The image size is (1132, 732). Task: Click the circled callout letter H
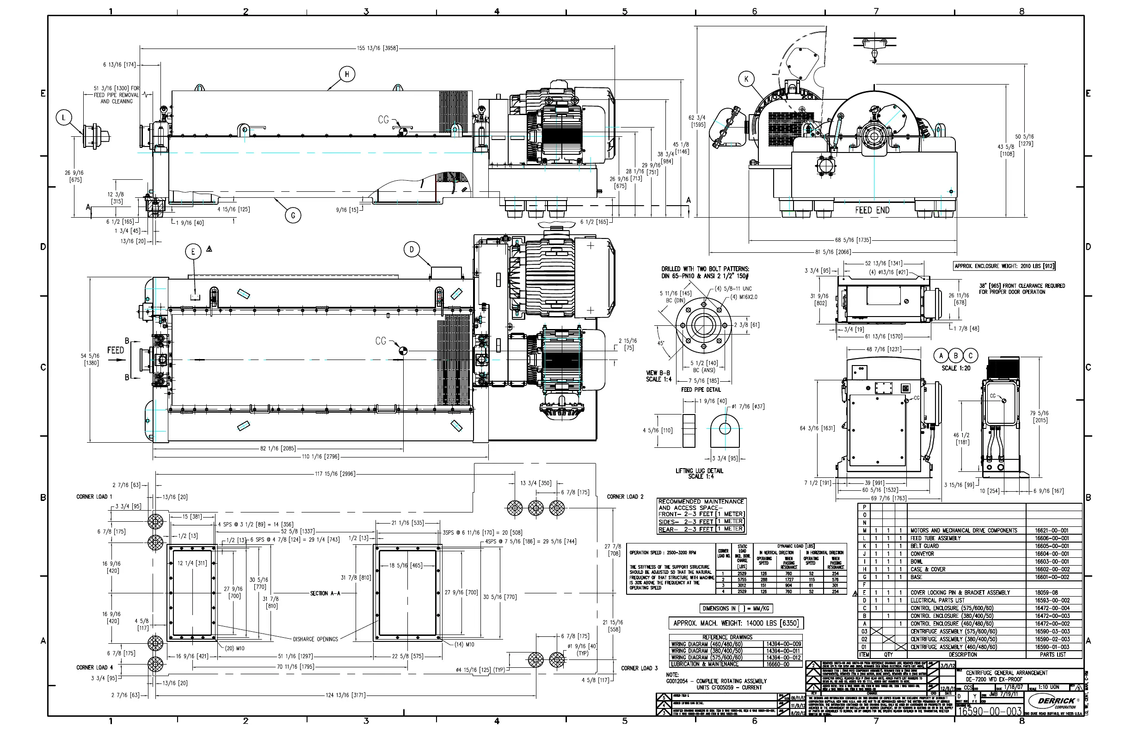(347, 74)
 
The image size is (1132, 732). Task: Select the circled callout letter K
(746, 79)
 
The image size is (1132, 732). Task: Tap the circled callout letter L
(64, 117)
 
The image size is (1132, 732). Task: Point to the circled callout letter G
(293, 215)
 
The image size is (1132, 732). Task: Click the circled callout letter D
(412, 250)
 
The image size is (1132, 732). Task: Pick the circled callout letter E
(193, 252)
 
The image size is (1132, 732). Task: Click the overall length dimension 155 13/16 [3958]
(377, 48)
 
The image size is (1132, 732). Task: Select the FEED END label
(872, 210)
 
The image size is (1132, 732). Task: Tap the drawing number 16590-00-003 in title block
(989, 712)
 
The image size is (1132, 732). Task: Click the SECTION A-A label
(326, 593)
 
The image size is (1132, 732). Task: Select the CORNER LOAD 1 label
(94, 497)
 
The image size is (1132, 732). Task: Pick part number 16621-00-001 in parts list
(1052, 531)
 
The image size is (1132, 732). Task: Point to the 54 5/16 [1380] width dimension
(90, 360)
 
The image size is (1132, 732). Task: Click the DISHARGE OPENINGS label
(315, 639)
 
